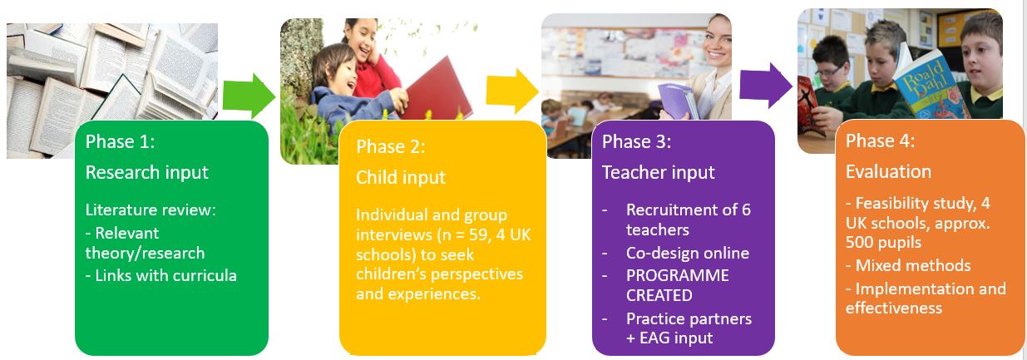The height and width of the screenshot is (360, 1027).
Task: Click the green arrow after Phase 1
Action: click(250, 95)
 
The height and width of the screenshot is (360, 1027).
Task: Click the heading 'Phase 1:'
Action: click(121, 141)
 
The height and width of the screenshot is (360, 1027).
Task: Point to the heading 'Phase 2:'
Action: click(391, 146)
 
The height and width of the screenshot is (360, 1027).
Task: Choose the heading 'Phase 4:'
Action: click(880, 141)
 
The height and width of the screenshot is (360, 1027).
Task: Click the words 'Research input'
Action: click(147, 173)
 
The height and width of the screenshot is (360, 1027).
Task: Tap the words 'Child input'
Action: click(401, 177)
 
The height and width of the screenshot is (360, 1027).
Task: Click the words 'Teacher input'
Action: click(659, 173)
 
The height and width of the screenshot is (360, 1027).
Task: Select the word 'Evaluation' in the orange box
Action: click(888, 171)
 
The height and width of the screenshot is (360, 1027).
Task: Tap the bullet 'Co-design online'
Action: click(688, 253)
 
